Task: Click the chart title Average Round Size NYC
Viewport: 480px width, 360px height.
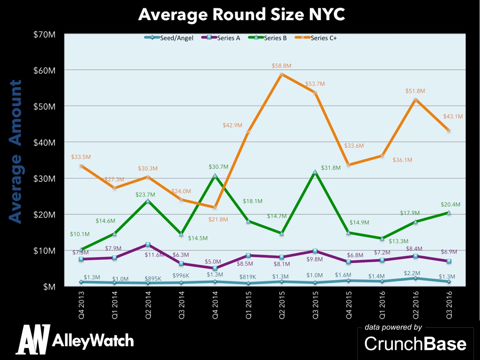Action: [x=241, y=15]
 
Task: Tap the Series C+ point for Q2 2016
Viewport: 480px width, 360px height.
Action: [x=415, y=99]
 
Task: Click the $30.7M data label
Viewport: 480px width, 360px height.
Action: [x=215, y=166]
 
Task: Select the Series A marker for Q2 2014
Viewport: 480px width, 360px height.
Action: [x=148, y=245]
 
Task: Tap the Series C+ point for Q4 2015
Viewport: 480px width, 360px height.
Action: [x=349, y=165]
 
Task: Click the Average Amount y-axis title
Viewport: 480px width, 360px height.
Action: [x=15, y=151]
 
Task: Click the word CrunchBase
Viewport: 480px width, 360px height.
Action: [x=415, y=344]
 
